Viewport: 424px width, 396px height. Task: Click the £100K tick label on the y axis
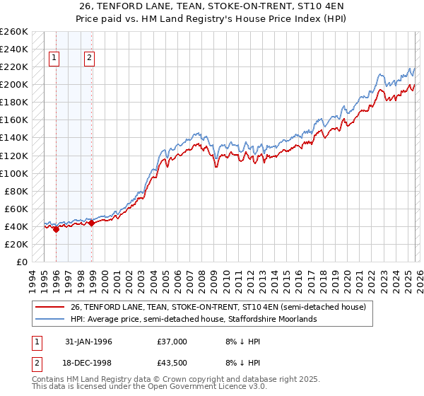pyautogui.click(x=14, y=173)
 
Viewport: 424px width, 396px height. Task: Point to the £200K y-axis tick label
pyautogui.click(x=14, y=85)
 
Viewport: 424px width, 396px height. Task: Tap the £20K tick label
pyautogui.click(x=16, y=244)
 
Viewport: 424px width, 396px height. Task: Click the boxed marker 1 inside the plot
pyautogui.click(x=55, y=59)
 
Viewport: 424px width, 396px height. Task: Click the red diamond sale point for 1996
pyautogui.click(x=57, y=229)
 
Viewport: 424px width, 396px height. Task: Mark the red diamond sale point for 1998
pyautogui.click(x=91, y=223)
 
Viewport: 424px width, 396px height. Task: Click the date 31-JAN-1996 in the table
pyautogui.click(x=88, y=341)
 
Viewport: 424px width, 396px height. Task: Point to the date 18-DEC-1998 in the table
pyautogui.click(x=88, y=363)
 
